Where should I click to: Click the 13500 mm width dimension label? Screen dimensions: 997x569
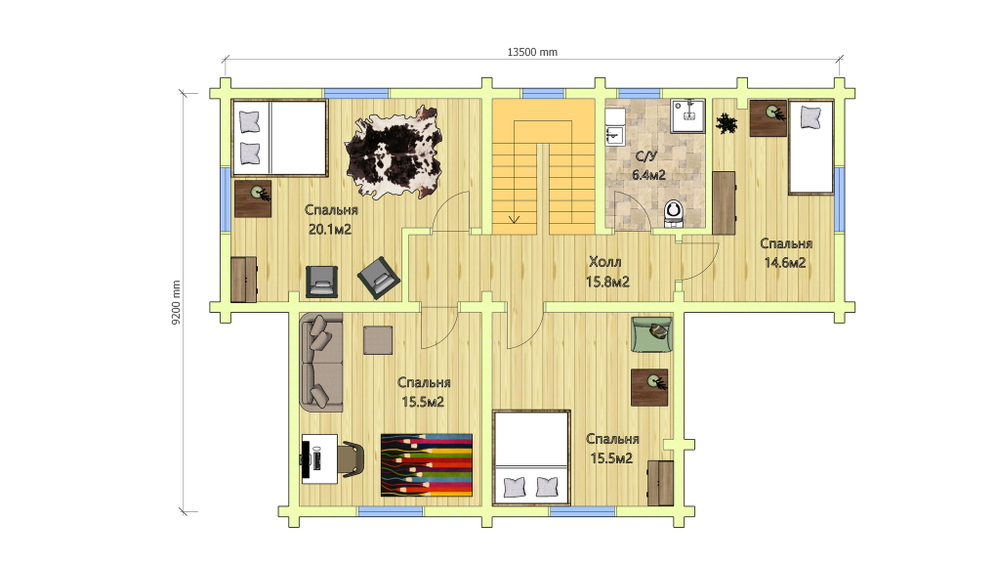tap(532, 52)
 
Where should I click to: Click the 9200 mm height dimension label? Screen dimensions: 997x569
tap(176, 303)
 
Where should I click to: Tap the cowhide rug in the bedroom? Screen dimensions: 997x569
tap(394, 152)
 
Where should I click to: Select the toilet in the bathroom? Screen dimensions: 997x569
tap(673, 213)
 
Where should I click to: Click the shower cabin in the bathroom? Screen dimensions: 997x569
tap(687, 115)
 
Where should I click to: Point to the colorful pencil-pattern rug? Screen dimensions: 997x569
tap(426, 465)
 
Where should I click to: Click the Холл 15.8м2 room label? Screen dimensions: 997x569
tap(607, 271)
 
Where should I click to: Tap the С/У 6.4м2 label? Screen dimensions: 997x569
tap(649, 166)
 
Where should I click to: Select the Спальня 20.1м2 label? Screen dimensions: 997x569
tap(331, 220)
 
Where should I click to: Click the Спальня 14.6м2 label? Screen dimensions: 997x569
tap(786, 253)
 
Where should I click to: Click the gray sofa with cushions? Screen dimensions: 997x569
tap(322, 362)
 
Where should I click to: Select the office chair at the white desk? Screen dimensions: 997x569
tap(352, 459)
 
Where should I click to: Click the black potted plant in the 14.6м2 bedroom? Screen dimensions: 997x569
tap(726, 123)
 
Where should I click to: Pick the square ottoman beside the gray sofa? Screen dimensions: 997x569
tap(378, 340)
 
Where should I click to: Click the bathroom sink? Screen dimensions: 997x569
tap(614, 135)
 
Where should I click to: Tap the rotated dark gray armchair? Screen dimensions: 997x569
tap(378, 278)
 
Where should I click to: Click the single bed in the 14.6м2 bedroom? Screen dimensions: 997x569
tap(811, 146)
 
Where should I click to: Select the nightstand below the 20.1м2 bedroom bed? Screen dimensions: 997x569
tap(253, 199)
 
